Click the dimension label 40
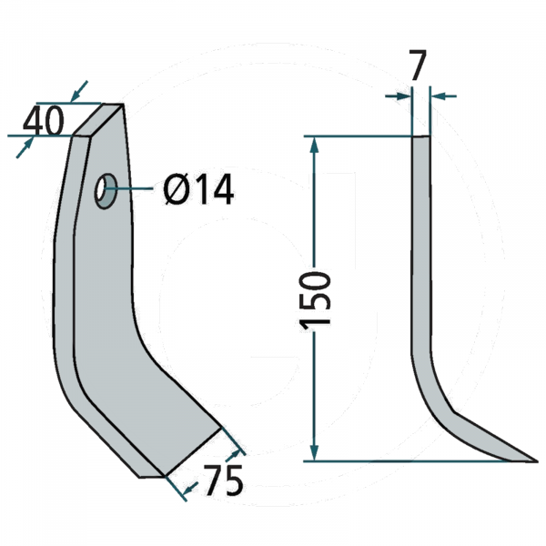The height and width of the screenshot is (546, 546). pyautogui.click(x=44, y=120)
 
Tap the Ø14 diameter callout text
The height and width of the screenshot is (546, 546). pyautogui.click(x=198, y=190)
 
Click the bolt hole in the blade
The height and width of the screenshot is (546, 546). pyautogui.click(x=106, y=190)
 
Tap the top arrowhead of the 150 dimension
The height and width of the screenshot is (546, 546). pyautogui.click(x=315, y=144)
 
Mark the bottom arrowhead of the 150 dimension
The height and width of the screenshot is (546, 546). pyautogui.click(x=315, y=452)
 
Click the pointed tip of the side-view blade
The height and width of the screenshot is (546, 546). pyautogui.click(x=536, y=459)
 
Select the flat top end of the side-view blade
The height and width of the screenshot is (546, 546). pyautogui.click(x=421, y=136)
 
